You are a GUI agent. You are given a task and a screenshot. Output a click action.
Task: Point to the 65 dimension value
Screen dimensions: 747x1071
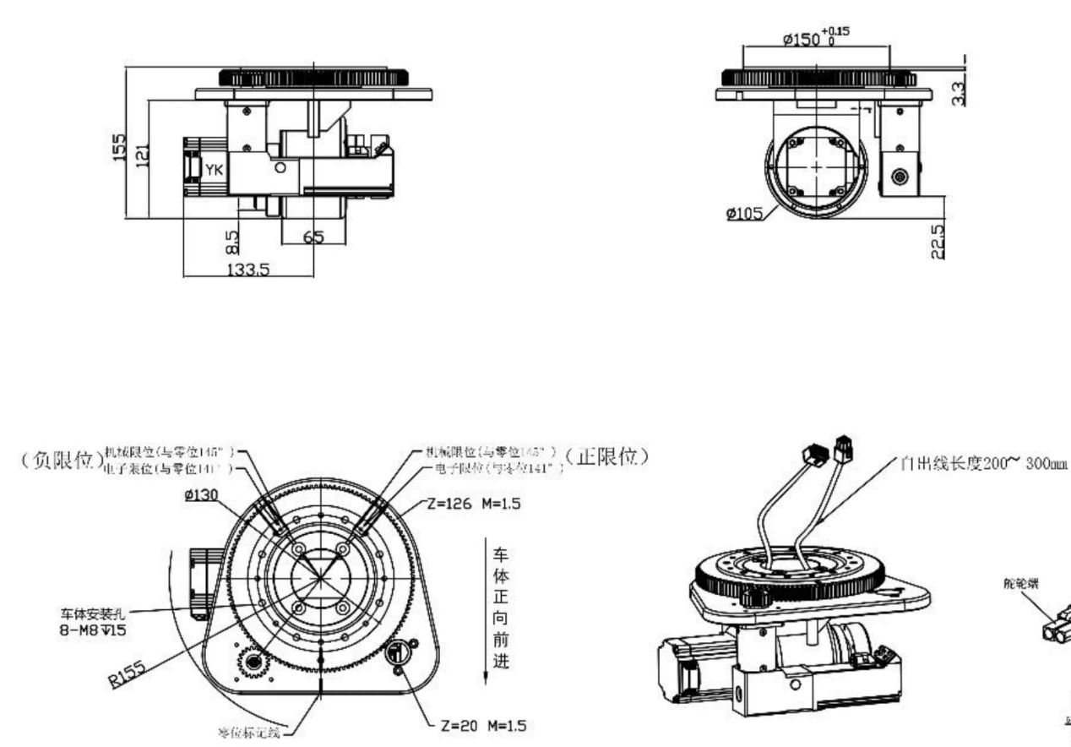pos(313,237)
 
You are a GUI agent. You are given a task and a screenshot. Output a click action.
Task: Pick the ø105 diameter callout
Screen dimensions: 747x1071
pos(743,212)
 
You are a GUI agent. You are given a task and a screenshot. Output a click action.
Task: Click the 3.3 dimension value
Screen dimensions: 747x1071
pos(958,90)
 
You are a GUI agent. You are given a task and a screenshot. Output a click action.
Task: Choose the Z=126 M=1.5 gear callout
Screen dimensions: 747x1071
pos(472,504)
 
